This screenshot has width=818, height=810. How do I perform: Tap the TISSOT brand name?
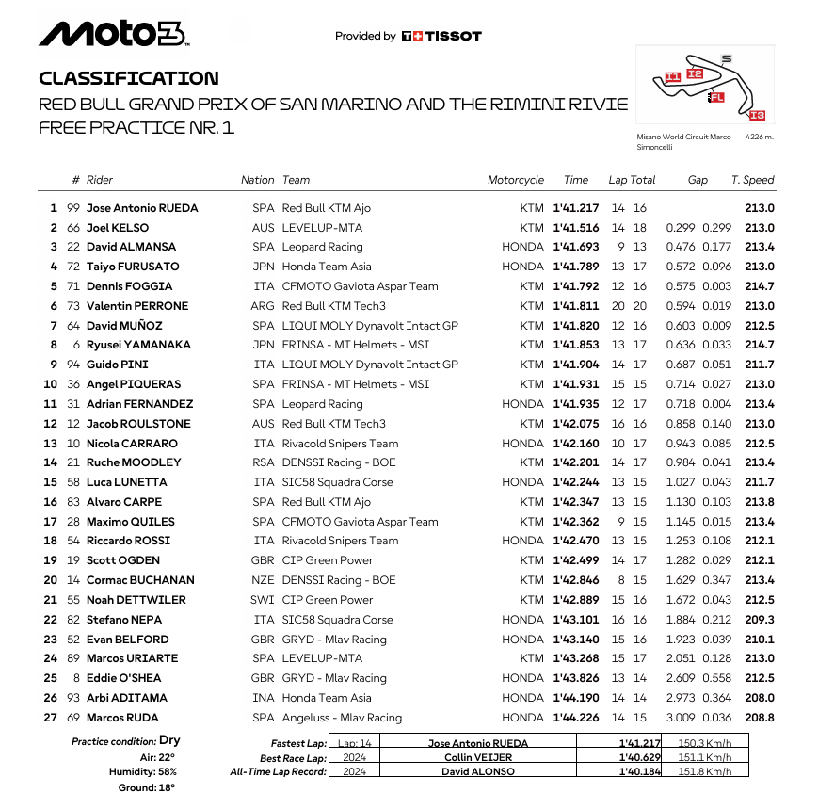(449, 36)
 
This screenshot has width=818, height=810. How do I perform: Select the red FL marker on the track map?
(717, 97)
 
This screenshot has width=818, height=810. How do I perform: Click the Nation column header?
(257, 180)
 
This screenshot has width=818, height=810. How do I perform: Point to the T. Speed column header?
(752, 180)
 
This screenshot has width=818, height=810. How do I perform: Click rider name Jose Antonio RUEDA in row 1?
(142, 208)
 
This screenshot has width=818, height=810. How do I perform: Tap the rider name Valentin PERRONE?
(137, 306)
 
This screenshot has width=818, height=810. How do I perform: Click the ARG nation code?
(264, 306)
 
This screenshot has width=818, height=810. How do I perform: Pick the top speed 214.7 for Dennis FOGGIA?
(759, 286)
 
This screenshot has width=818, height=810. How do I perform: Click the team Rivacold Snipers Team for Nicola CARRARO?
(340, 444)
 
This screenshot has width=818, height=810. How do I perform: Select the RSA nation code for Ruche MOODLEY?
(264, 462)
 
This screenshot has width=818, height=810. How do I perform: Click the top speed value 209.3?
(759, 620)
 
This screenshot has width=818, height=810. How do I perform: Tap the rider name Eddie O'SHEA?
(123, 678)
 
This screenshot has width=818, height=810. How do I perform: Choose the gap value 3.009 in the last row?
(682, 718)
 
